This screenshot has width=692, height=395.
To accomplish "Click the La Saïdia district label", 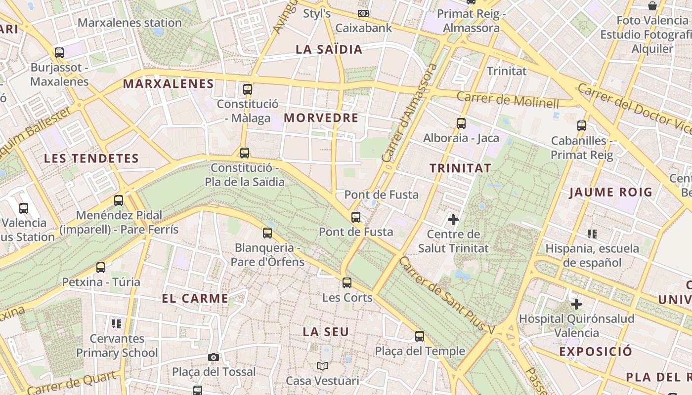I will tap(329, 49).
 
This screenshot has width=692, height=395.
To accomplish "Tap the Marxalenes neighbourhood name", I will tap(168, 84).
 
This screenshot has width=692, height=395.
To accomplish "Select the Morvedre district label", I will tap(321, 118).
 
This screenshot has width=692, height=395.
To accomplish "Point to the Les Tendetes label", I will tap(91, 158).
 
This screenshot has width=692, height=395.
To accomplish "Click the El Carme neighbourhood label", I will tap(195, 298).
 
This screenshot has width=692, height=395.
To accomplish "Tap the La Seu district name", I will tap(326, 332).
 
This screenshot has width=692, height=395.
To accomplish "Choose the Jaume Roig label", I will tap(610, 192).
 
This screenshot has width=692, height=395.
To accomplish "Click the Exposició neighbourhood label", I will tap(596, 352).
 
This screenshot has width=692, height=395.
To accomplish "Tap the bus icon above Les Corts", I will tap(347, 283).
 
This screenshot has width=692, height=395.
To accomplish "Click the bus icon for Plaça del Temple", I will tap(420, 336).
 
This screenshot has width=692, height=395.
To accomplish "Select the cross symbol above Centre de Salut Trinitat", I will tap(453, 219).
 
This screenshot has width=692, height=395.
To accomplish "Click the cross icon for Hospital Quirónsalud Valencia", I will tap(576, 304).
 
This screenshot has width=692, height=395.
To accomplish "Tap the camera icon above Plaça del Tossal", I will tap(214, 357).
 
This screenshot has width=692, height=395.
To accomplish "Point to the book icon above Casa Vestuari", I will tap(322, 366).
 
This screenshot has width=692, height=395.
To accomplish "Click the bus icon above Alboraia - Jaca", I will tap(461, 123).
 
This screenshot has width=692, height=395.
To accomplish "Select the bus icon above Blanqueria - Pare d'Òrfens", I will tap(267, 233).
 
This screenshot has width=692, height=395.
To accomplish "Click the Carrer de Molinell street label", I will tap(508, 100).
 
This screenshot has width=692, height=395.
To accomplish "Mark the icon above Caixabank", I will tap(363, 13).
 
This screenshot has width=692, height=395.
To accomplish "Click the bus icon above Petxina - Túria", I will tap(101, 268).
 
